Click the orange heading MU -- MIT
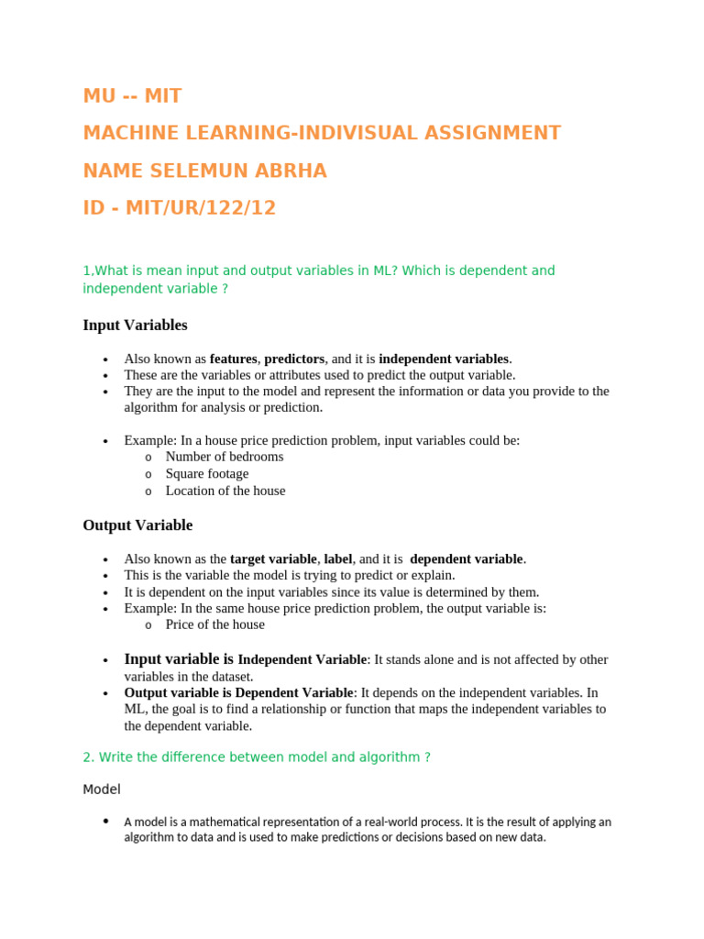132,96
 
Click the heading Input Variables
135,326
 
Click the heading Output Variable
137,525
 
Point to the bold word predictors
294,359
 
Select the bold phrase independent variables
444,359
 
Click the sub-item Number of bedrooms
225,457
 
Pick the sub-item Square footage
207,474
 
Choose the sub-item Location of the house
225,491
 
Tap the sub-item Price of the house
215,624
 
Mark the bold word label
337,558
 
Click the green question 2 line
257,757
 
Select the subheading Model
102,790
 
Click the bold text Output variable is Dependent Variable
238,692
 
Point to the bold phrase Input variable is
179,659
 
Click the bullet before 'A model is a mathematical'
107,822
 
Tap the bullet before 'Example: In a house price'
107,441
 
